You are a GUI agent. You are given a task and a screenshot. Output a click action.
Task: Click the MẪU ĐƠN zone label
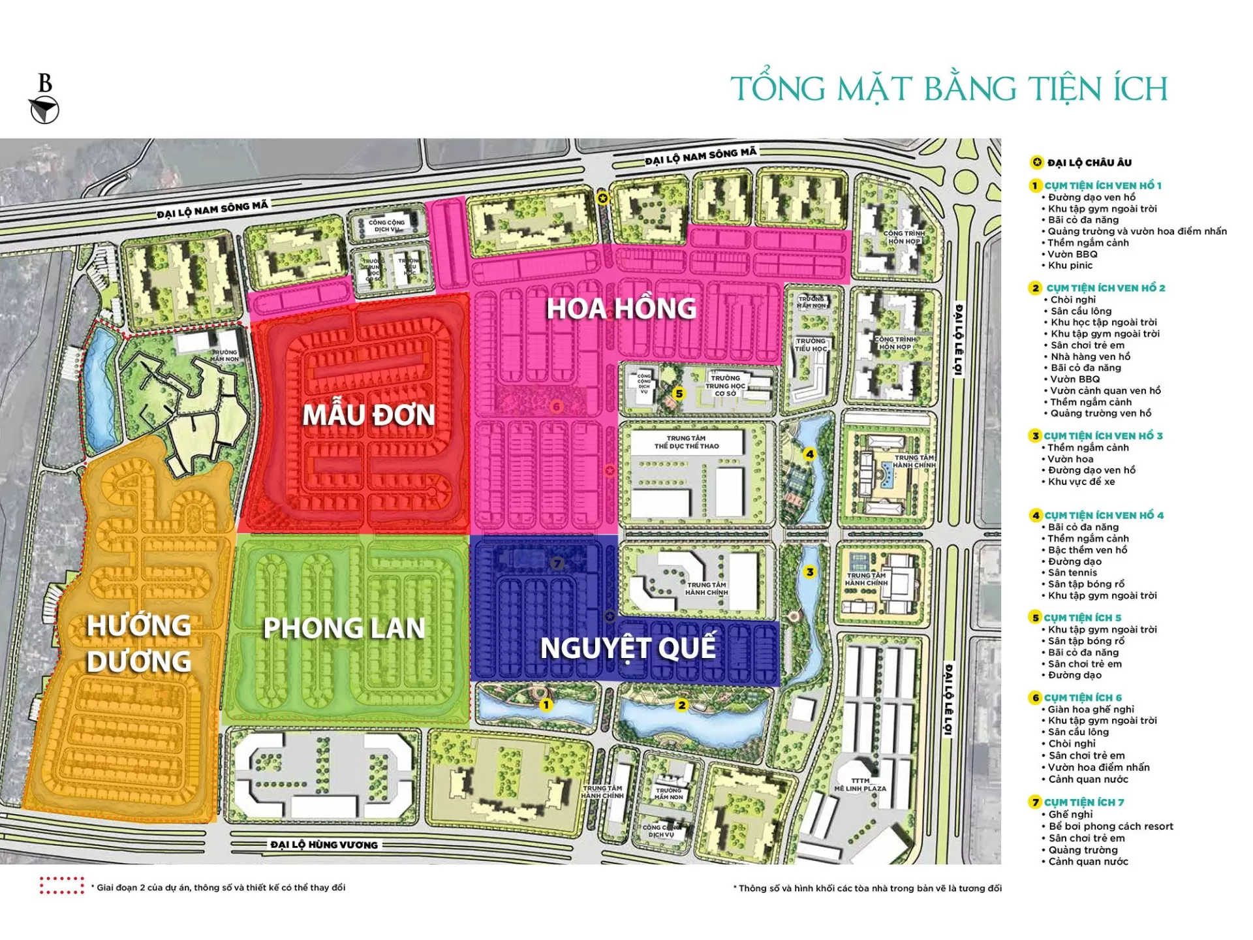pyautogui.click(x=369, y=415)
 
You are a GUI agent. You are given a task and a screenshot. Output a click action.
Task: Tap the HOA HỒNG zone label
pyautogui.click(x=621, y=309)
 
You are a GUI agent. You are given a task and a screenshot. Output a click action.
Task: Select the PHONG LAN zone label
pyautogui.click(x=344, y=628)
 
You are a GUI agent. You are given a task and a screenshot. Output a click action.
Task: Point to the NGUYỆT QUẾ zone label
pyautogui.click(x=628, y=648)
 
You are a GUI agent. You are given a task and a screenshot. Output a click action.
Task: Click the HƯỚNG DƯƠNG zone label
pyautogui.click(x=139, y=644)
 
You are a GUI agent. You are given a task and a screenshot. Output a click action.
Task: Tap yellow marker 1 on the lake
pyautogui.click(x=546, y=705)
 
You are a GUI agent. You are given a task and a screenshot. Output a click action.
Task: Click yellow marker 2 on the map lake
pyautogui.click(x=682, y=705)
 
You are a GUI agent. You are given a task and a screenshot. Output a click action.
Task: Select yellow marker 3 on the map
pyautogui.click(x=810, y=572)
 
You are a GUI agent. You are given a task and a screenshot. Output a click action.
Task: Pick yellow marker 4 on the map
pyautogui.click(x=809, y=454)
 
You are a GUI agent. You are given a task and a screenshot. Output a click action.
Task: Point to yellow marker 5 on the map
pyautogui.click(x=679, y=394)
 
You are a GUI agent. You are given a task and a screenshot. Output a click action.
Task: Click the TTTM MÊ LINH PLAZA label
pyautogui.click(x=860, y=784)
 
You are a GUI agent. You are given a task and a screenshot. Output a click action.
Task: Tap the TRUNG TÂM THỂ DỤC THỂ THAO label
pyautogui.click(x=686, y=443)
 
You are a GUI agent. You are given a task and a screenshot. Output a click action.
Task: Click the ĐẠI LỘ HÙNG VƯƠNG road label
pyautogui.click(x=324, y=845)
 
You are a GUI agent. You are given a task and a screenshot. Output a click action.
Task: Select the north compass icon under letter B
pyautogui.click(x=44, y=110)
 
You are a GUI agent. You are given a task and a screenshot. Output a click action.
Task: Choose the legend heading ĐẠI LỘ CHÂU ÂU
pyautogui.click(x=1089, y=163)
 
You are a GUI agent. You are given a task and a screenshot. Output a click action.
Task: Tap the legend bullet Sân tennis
pyautogui.click(x=1072, y=572)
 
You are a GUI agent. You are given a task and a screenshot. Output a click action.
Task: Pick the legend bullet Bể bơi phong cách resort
pyautogui.click(x=1111, y=826)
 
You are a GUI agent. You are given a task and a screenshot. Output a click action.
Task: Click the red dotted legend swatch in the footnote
pyautogui.click(x=61, y=886)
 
